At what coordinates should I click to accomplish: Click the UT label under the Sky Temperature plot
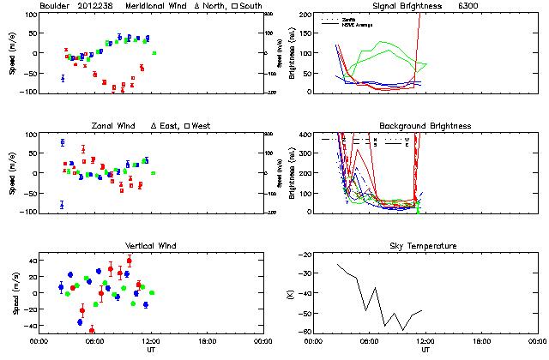[425, 350]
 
